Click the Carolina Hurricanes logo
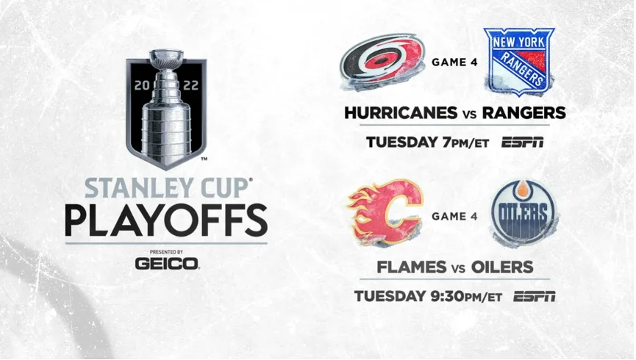382,62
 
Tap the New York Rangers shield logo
519,62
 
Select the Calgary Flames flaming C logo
385,212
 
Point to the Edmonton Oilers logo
524,213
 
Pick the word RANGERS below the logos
524,112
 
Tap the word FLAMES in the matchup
412,267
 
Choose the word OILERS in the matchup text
502,267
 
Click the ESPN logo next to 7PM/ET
523,143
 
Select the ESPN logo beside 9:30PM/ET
535,296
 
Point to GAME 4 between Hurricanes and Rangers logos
454,62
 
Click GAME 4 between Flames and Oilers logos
454,216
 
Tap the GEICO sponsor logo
167,264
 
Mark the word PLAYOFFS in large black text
166,220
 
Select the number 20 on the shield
143,85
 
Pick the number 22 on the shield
190,85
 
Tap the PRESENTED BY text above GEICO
166,252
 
